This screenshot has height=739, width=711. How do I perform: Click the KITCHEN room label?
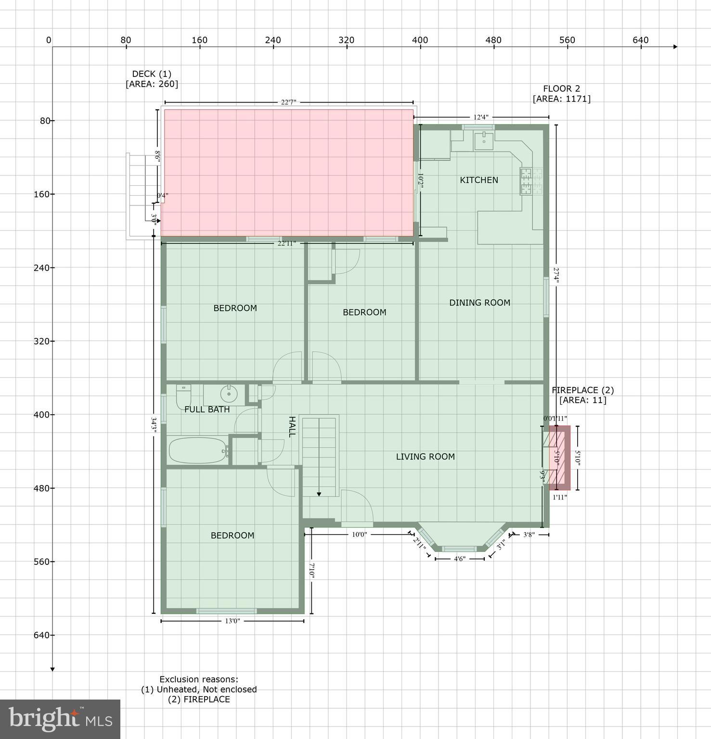(478, 180)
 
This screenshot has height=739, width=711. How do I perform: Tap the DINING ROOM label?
(479, 303)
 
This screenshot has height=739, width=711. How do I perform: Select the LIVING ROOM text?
(425, 457)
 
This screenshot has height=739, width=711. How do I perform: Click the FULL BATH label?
(207, 409)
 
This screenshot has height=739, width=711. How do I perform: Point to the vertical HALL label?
(292, 427)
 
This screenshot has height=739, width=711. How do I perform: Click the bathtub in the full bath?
(198, 450)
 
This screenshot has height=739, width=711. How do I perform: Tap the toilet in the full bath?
(183, 395)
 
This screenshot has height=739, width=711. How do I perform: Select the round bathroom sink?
(229, 395)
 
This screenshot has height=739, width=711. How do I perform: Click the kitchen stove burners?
(530, 181)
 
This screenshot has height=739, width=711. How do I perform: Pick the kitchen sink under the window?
(483, 141)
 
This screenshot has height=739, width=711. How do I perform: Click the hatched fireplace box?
(560, 458)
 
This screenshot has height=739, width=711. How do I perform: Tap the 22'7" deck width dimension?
(288, 102)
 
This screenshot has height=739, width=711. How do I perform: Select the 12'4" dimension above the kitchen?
(480, 117)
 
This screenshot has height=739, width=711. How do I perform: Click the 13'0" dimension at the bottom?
(232, 621)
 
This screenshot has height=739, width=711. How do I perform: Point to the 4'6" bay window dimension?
(459, 559)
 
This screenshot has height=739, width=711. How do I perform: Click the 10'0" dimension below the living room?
(359, 534)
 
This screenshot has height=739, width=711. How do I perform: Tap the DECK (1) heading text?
(152, 74)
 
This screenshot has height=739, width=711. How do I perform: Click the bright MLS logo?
(60, 719)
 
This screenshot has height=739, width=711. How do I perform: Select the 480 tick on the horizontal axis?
(493, 40)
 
